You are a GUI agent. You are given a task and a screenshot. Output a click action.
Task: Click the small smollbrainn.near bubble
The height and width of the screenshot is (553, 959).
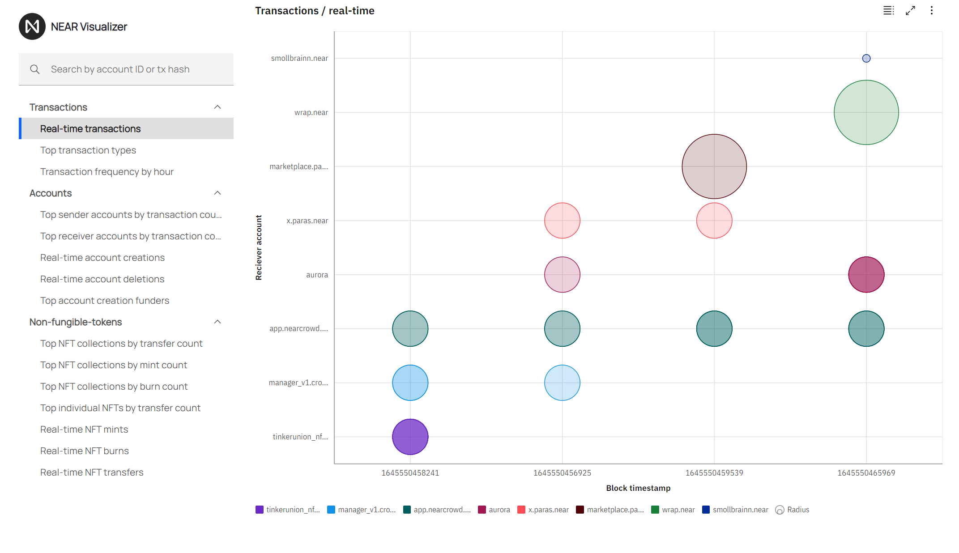tap(866, 58)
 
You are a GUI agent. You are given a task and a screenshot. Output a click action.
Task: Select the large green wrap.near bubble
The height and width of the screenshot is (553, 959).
tap(866, 112)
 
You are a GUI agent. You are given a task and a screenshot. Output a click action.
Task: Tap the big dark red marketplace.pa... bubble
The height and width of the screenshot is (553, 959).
tap(714, 166)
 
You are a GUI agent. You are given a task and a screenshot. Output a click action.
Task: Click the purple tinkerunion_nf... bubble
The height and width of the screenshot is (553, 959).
tap(410, 437)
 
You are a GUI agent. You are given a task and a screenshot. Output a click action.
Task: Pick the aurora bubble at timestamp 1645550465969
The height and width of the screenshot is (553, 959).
tap(866, 275)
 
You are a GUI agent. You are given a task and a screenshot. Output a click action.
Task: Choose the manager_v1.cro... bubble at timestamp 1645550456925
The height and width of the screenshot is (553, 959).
tap(562, 383)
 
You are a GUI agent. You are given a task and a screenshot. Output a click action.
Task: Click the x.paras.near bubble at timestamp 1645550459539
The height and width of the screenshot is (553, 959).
tap(714, 221)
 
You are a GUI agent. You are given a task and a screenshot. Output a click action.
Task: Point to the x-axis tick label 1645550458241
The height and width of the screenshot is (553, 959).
tap(410, 473)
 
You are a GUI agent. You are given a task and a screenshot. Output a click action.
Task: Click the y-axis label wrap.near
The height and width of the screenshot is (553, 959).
tap(311, 112)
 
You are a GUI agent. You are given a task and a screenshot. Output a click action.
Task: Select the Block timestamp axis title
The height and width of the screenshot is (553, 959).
tap(638, 488)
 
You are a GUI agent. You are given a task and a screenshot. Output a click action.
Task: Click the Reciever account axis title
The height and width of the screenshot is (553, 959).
tap(259, 247)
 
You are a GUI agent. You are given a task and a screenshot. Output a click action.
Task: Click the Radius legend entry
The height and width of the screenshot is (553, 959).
tap(793, 510)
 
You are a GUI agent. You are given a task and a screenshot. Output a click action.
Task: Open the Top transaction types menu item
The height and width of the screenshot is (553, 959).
tap(88, 150)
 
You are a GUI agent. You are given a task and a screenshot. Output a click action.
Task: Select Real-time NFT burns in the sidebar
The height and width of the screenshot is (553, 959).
tap(85, 451)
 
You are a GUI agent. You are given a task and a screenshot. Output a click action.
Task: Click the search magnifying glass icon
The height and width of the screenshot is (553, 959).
tap(35, 69)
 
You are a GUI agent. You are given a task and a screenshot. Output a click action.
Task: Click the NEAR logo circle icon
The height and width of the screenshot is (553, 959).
tap(32, 26)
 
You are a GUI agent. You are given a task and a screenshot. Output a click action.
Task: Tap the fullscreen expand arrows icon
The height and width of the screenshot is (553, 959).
tap(910, 11)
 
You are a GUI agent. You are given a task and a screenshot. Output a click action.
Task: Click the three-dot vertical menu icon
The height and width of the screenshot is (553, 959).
tap(932, 11)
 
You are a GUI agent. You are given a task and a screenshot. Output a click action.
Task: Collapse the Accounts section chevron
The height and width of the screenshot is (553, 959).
tap(217, 193)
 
